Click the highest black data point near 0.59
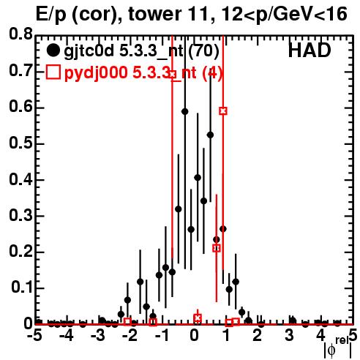pyautogui.click(x=185, y=112)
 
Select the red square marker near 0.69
pyautogui.click(x=172, y=75)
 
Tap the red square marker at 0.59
pyautogui.click(x=223, y=111)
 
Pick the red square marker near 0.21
pyautogui.click(x=217, y=248)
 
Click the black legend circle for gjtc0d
pyautogui.click(x=53, y=50)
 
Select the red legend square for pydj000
pyautogui.click(x=53, y=72)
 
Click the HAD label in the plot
pyautogui.click(x=310, y=50)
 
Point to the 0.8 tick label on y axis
pyautogui.click(x=20, y=34)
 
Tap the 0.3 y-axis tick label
pyautogui.click(x=20, y=215)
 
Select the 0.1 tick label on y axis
pyautogui.click(x=22, y=288)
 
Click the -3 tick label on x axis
pyautogui.click(x=98, y=336)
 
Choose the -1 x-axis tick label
pyautogui.click(x=162, y=336)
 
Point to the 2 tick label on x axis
pyautogui.click(x=258, y=336)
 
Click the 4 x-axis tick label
pyautogui.click(x=321, y=336)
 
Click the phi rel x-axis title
pyautogui.click(x=338, y=348)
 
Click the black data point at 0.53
pyautogui.click(x=210, y=135)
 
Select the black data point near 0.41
pyautogui.click(x=198, y=178)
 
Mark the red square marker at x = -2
pyautogui.click(x=127, y=321)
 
